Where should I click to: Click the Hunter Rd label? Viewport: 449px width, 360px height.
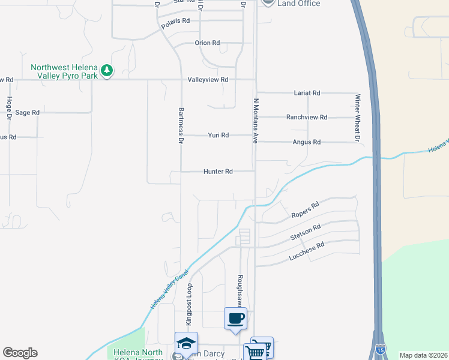tap(218, 172)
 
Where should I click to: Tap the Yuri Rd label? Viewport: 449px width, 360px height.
tap(218, 136)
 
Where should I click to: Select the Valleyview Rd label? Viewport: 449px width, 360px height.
tap(208, 79)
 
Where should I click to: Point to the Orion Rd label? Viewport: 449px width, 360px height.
tap(207, 43)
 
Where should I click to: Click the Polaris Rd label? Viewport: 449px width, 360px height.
tap(175, 20)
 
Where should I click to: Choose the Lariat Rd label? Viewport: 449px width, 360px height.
tap(307, 93)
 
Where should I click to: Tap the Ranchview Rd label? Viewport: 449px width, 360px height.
tap(307, 118)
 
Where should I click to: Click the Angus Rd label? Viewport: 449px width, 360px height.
tap(307, 142)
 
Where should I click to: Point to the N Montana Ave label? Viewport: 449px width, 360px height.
tap(255, 121)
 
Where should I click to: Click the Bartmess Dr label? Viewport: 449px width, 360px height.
tap(181, 125)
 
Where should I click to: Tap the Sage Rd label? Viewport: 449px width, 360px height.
tap(27, 112)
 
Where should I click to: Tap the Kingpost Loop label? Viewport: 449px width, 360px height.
tap(188, 304)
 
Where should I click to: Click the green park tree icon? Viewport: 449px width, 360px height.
tap(107, 71)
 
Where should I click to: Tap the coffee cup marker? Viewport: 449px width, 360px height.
tap(235, 318)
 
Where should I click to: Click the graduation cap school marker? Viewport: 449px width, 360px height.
tap(186, 343)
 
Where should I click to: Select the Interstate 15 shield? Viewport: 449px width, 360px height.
tap(380, 349)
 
